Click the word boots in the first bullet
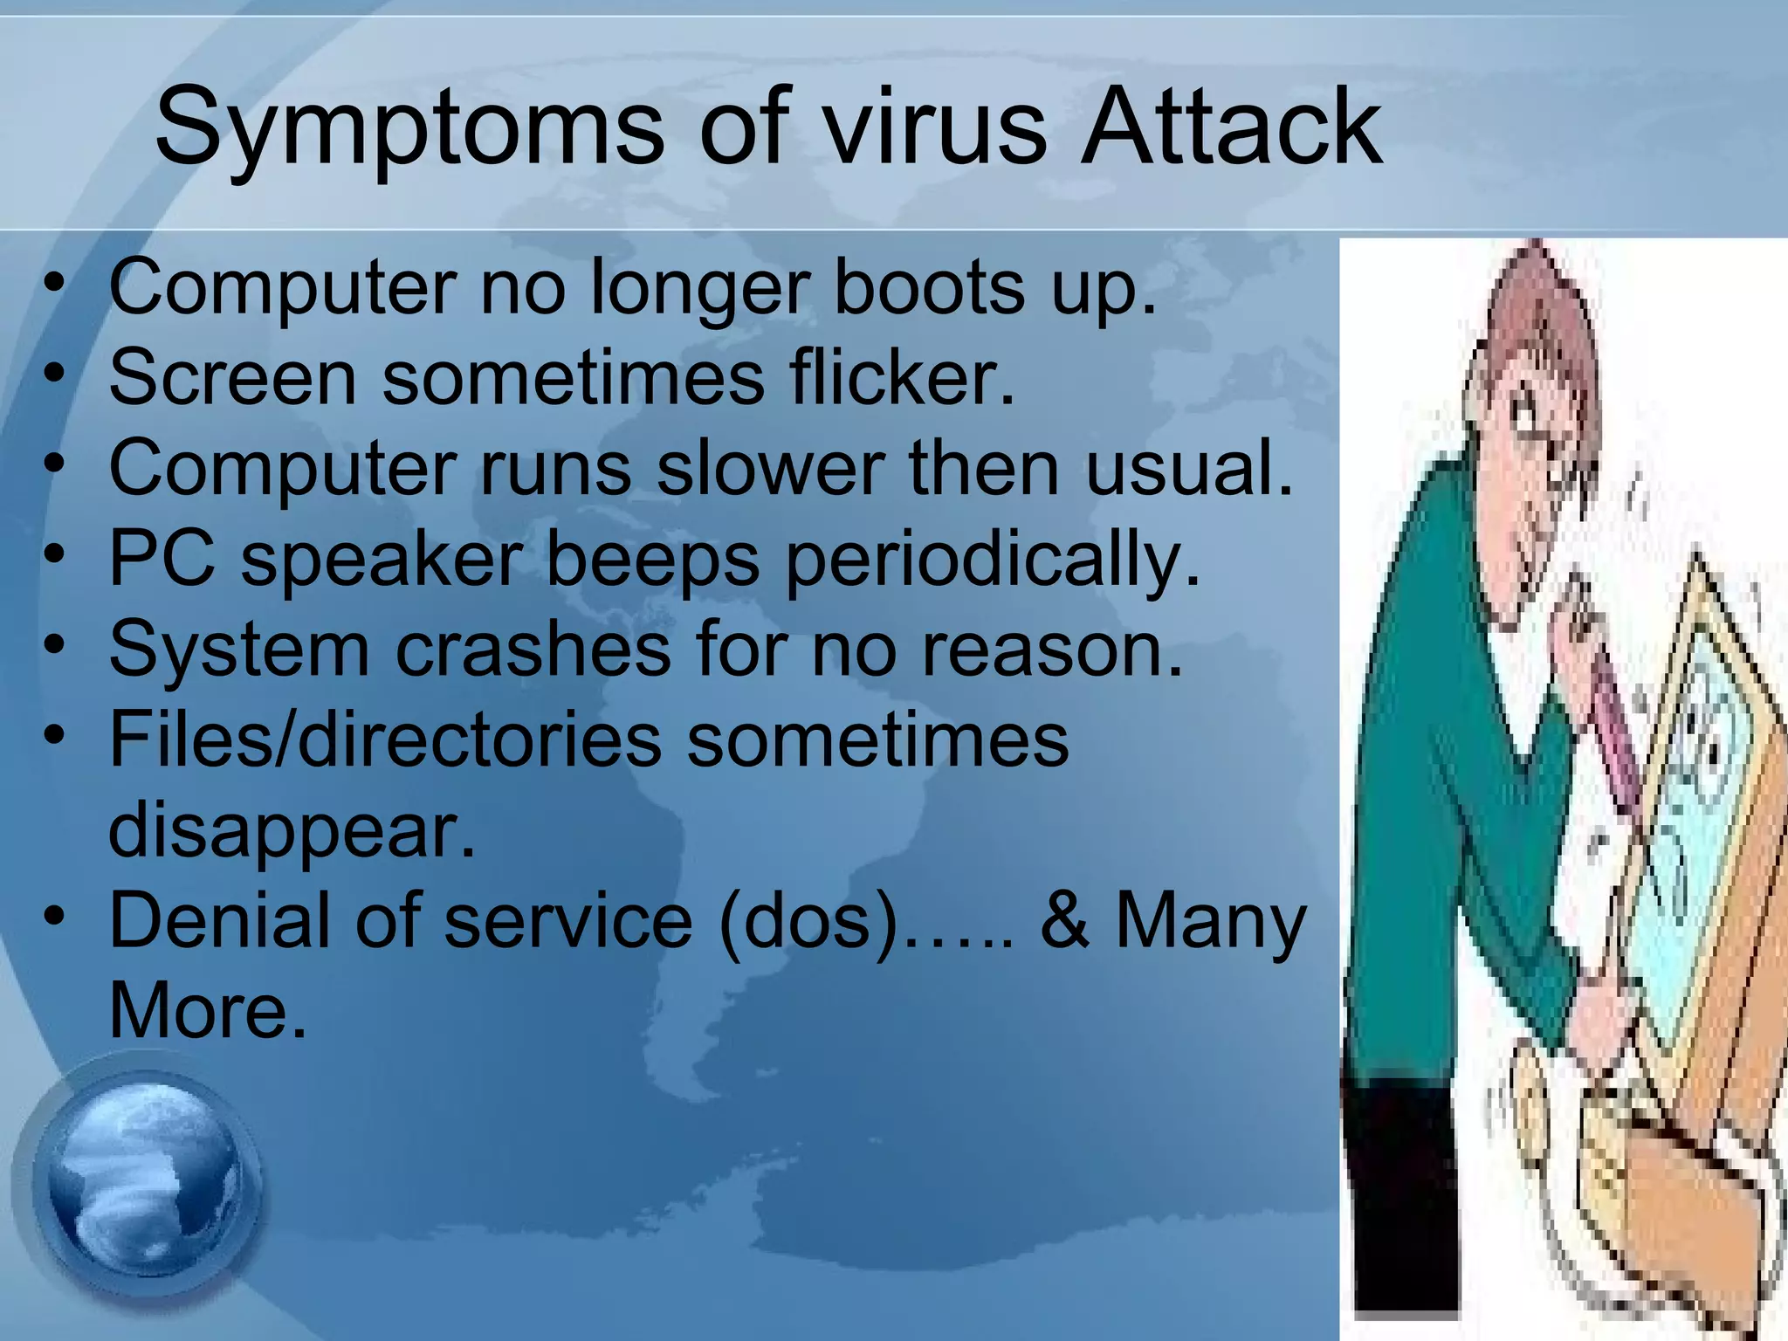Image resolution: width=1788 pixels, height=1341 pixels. pos(930,288)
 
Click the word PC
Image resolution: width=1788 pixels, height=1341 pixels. pos(162,559)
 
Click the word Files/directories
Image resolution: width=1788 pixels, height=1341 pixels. pos(384,740)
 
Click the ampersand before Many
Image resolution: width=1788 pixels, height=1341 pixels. pos(1065,921)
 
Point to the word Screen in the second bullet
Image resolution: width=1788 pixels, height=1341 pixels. pos(232,378)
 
